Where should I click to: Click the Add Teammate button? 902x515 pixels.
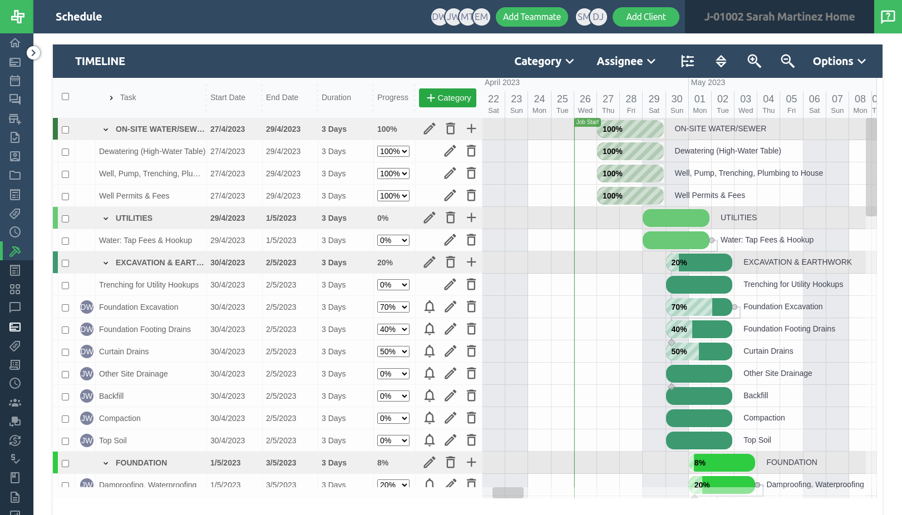[531, 17]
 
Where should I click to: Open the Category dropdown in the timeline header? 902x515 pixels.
[544, 61]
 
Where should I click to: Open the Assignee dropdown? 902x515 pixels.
[626, 61]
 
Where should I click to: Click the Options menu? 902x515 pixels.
[839, 61]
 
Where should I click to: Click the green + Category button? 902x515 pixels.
[447, 98]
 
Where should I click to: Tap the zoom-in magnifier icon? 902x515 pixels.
[754, 61]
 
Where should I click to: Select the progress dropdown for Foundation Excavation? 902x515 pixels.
[393, 307]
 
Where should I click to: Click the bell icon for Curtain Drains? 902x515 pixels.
[430, 351]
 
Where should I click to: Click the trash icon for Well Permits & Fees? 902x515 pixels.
[471, 196]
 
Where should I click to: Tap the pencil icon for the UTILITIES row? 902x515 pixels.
[429, 218]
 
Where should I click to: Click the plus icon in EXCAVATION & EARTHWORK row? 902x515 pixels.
[471, 263]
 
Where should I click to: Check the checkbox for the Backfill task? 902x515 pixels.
[65, 397]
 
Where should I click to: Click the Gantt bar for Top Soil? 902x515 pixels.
[699, 440]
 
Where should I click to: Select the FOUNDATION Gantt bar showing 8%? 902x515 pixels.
[721, 463]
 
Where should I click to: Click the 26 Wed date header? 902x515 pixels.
[585, 103]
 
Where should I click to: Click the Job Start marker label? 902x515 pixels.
[587, 122]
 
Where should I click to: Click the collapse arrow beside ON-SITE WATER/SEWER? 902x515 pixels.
[106, 130]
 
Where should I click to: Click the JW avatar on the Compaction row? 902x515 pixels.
[87, 418]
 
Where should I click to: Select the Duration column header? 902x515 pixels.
[336, 97]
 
